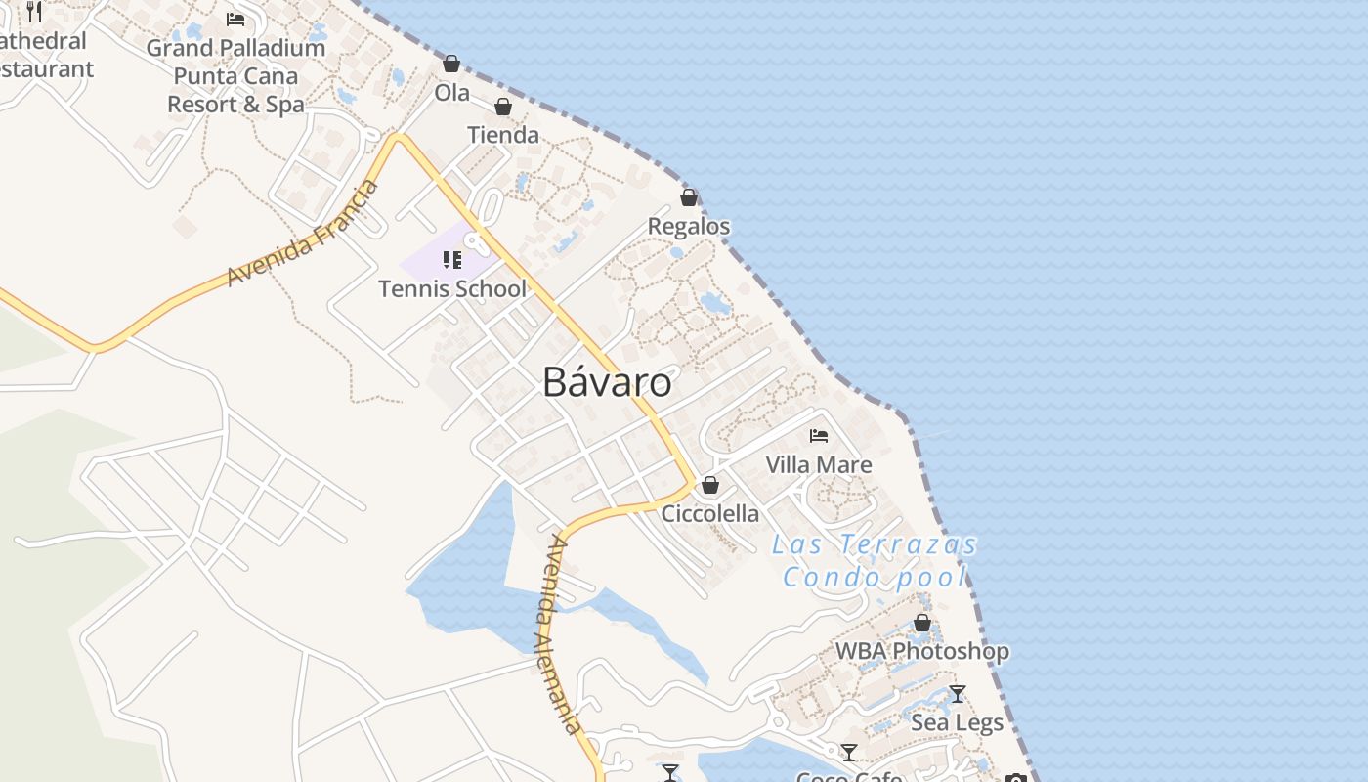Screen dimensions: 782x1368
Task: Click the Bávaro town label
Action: [x=607, y=381]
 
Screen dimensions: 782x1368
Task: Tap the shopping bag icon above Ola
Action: [x=451, y=64]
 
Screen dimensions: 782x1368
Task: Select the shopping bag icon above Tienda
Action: [x=503, y=106]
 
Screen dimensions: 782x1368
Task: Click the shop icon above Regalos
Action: [x=689, y=197]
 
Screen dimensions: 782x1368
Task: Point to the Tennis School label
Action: [x=452, y=288]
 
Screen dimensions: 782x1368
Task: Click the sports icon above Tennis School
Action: [x=452, y=259]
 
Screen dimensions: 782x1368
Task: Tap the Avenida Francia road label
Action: [x=302, y=234]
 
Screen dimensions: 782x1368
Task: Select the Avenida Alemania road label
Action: [x=559, y=634]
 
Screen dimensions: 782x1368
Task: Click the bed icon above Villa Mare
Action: [x=819, y=435]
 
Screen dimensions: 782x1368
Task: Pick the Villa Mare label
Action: [x=819, y=464]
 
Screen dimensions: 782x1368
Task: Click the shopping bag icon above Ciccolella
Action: [x=710, y=485]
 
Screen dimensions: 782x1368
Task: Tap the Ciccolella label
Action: [x=710, y=513]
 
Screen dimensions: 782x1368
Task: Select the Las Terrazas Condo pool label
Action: [x=875, y=560]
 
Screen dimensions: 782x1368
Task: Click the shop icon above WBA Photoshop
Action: [x=922, y=623]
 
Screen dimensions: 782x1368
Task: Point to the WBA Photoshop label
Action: [x=922, y=651]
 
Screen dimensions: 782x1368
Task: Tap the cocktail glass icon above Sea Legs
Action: [x=958, y=694]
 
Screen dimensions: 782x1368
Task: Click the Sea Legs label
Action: [x=958, y=722]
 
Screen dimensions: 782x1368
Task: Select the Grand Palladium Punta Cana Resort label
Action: [x=235, y=75]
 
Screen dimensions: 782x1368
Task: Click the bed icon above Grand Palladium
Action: [x=235, y=19]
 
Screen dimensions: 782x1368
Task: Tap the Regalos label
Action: [x=689, y=226]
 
